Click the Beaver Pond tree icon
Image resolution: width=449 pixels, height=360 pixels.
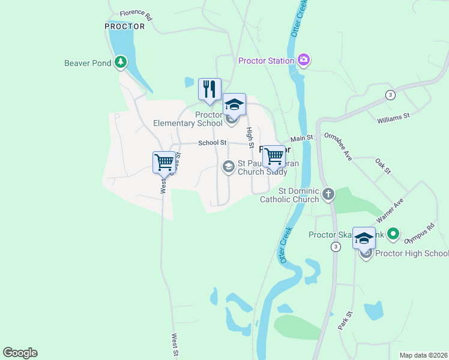coord(121,62)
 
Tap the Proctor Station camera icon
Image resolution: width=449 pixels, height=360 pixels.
coord(304,59)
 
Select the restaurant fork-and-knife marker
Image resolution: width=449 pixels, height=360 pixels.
coord(209,89)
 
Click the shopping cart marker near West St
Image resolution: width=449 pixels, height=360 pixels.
coord(164,162)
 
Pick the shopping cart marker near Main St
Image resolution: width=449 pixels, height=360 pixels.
coord(274,156)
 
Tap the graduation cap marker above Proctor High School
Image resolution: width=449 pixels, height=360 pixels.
coord(364,238)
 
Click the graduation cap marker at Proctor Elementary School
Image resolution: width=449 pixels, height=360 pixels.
coord(234,105)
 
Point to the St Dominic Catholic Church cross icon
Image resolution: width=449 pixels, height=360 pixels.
coord(328,194)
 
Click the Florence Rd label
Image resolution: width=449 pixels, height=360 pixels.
coord(136,14)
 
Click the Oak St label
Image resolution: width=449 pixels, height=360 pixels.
coord(383,166)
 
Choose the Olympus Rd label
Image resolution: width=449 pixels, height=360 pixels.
coord(419,234)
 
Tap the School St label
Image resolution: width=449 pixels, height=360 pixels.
coord(212,143)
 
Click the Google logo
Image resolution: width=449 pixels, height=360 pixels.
coord(20,352)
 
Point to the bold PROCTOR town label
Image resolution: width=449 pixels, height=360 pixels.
coord(125,26)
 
